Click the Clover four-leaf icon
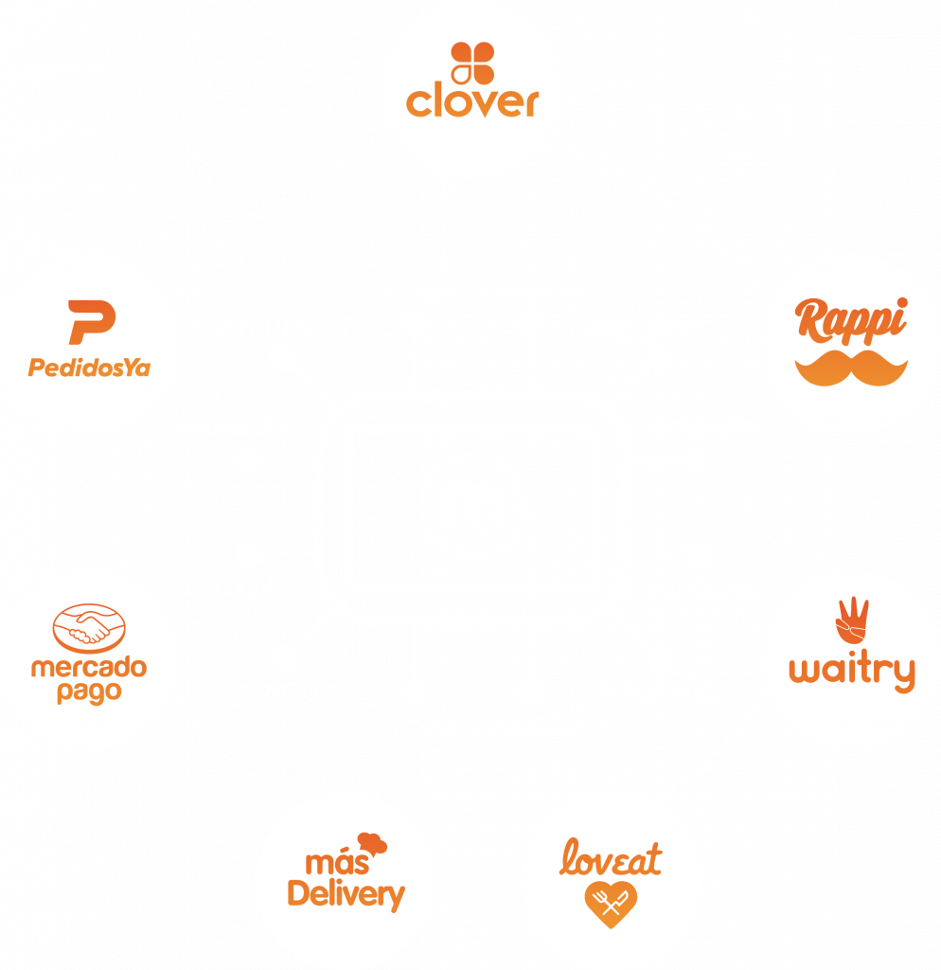click(470, 63)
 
